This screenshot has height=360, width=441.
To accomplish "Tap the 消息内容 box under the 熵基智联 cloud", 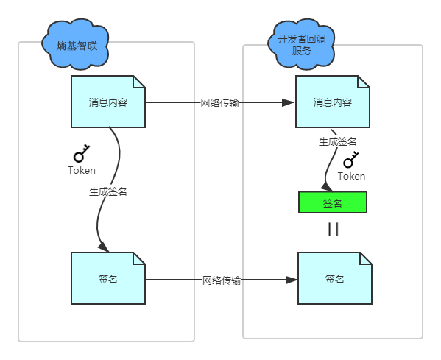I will tap(108, 102).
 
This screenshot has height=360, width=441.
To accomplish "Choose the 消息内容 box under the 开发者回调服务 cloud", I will tap(332, 102).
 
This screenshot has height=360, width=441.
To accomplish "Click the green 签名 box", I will tap(332, 202).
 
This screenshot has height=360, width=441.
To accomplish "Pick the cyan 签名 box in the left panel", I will tap(108, 279).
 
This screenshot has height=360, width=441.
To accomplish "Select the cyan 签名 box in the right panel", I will tap(334, 279).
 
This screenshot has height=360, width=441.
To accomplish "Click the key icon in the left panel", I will tap(81, 153).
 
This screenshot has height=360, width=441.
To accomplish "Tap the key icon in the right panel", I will tap(350, 160).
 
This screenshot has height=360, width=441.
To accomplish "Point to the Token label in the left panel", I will tap(81, 170).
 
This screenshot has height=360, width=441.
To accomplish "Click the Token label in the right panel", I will tap(351, 176).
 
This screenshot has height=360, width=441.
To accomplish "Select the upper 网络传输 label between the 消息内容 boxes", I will tap(219, 103).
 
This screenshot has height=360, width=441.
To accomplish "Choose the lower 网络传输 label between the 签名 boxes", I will tap(222, 280).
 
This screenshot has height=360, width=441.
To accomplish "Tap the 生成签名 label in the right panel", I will tap(337, 141).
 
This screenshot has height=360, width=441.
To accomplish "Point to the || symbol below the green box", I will tap(333, 230).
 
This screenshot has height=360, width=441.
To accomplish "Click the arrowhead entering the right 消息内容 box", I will tap(288, 103).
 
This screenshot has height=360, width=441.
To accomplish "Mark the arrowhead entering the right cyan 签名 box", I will tap(292, 280).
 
